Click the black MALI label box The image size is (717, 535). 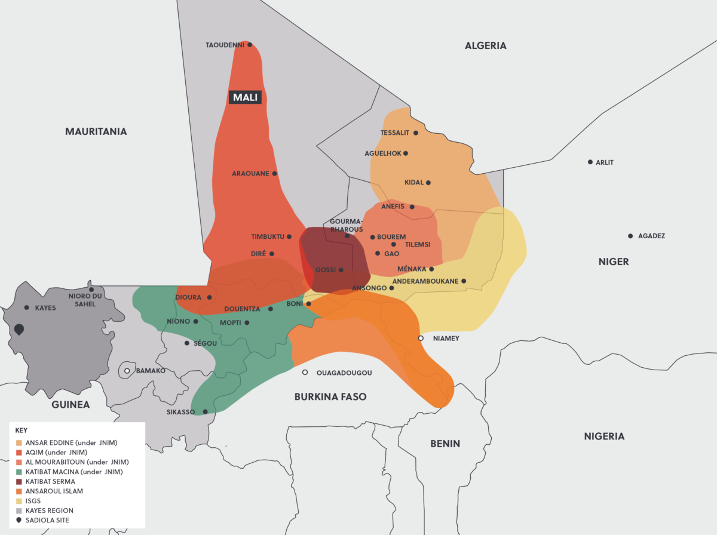point(246,97)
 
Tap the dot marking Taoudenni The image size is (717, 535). point(250,45)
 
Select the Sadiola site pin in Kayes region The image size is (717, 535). point(19,330)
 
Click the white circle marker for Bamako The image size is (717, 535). point(127,371)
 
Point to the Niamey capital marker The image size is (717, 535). point(421,339)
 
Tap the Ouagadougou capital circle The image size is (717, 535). point(305,373)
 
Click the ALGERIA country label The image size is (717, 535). point(485,45)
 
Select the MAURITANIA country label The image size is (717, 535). point(96,131)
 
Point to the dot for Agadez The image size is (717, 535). point(630,236)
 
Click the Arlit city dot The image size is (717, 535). point(590,162)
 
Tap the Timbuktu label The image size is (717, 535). point(268,237)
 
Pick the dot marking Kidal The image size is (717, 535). point(428,183)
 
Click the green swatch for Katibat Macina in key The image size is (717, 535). point(19,472)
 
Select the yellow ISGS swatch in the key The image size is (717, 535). point(19,501)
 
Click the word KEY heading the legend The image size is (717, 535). point(22,430)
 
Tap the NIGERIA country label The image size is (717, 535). point(604,436)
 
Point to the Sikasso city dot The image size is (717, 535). point(206,411)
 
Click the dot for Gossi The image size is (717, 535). point(341,270)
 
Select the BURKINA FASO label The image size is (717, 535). point(330,397)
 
